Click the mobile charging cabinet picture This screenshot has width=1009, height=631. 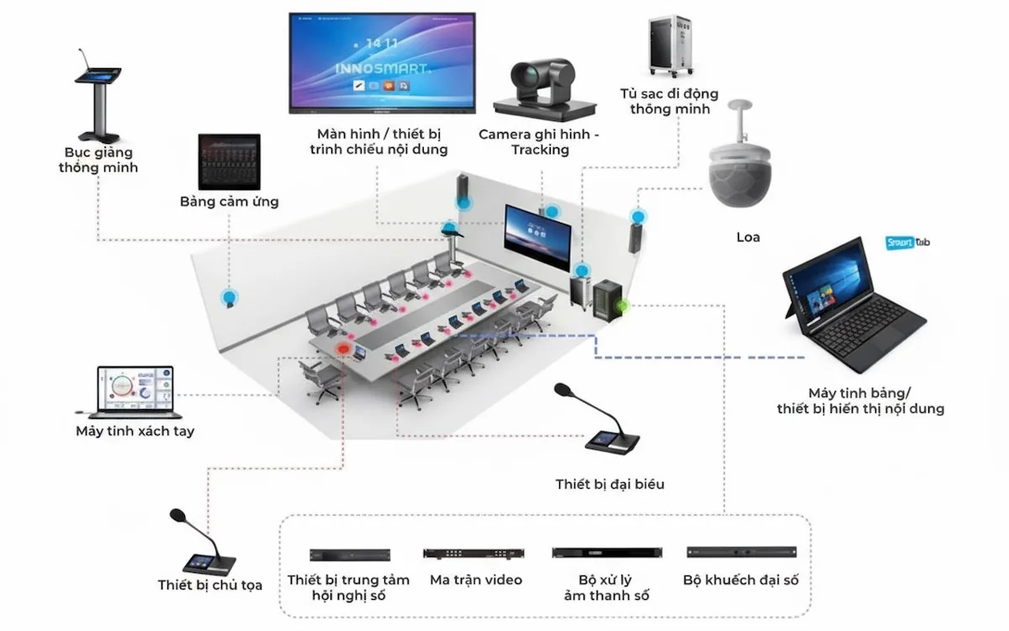(673, 49)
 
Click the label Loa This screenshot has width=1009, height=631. (748, 237)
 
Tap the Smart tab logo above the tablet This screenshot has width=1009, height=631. (907, 243)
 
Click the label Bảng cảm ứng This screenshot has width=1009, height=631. (229, 201)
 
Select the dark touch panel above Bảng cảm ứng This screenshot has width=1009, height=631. (229, 162)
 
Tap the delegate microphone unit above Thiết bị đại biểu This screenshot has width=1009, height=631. (604, 425)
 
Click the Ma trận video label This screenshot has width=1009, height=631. (476, 580)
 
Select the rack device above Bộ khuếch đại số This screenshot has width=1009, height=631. (741, 553)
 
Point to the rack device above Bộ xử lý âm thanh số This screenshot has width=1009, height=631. (608, 553)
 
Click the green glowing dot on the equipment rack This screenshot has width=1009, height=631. (623, 305)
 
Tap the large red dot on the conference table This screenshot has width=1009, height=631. (343, 348)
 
